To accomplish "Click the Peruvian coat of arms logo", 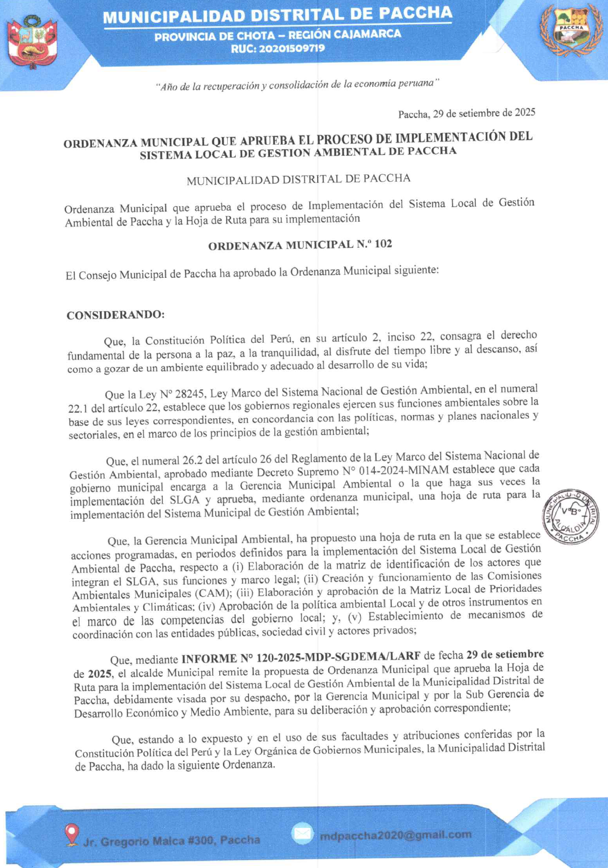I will (x=32, y=42).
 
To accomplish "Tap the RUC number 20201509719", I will (x=278, y=49).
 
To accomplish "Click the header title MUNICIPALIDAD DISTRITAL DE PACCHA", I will (x=278, y=16).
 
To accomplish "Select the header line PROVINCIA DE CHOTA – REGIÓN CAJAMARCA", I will (x=278, y=35).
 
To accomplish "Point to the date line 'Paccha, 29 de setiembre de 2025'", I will (x=467, y=113).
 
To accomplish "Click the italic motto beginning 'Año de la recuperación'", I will (x=297, y=85).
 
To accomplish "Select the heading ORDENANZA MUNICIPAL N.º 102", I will (x=300, y=245).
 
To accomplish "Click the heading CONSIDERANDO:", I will (x=115, y=315).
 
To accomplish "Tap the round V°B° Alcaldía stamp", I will (x=570, y=516).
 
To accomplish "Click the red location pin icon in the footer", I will (x=71, y=834).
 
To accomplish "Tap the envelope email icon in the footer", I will (x=303, y=834).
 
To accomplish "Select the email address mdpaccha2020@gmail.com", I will (x=395, y=835).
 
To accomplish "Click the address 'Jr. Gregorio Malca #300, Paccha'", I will (x=172, y=840).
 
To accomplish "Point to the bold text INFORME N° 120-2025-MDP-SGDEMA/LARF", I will (x=301, y=657).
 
